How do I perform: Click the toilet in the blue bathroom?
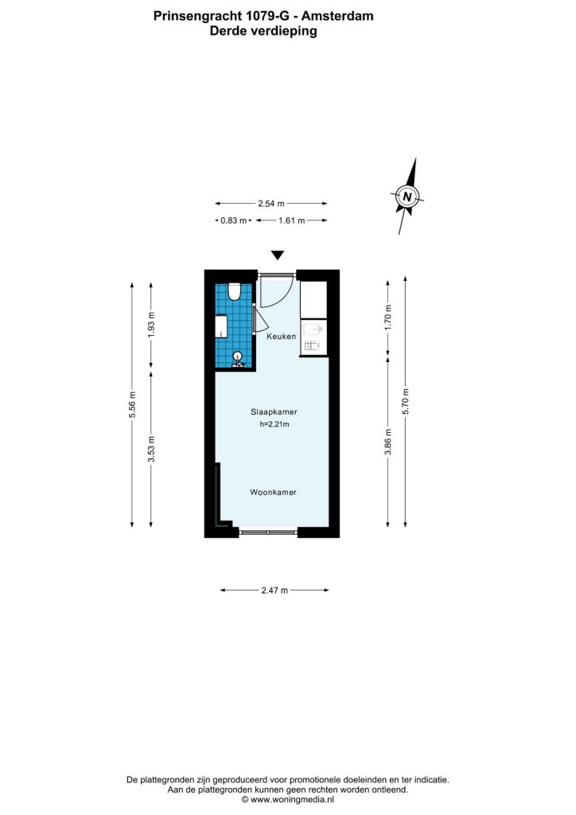point(234,291)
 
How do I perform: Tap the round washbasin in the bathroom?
point(237,357)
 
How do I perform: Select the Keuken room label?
point(282,337)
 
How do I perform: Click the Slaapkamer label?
point(274,411)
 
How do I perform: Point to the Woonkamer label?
point(273,492)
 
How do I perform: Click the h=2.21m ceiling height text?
point(274,424)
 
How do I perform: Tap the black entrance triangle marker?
point(278,255)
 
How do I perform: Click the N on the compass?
point(407,197)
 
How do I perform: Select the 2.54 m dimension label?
point(271,204)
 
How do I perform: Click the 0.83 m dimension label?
point(233,220)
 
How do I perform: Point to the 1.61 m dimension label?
point(291,220)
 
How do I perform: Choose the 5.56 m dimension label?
point(132,404)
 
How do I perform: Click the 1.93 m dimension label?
point(151,325)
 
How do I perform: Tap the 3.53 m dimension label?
point(151,449)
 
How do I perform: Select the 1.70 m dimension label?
point(388,317)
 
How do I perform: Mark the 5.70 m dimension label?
point(406,401)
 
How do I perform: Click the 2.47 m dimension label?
point(274,591)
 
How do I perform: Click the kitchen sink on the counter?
point(313,329)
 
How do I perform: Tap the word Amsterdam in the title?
point(337,16)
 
